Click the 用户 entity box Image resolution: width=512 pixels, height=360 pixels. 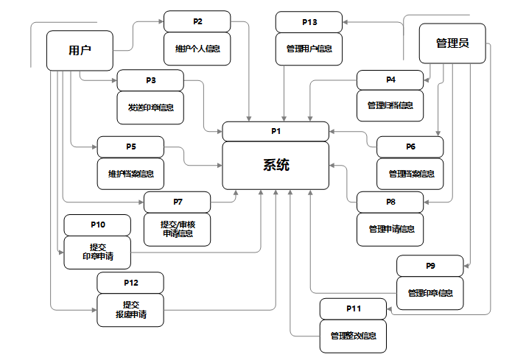[x=80, y=51]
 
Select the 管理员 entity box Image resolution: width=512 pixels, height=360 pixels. [x=452, y=43]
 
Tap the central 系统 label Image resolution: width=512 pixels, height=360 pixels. [x=276, y=165]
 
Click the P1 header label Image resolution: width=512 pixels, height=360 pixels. [x=276, y=131]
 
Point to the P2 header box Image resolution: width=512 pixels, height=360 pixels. [x=197, y=21]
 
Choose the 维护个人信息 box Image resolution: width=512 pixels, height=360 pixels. [x=197, y=49]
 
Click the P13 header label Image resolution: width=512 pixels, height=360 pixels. [x=309, y=22]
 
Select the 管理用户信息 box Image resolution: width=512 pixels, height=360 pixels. [x=309, y=49]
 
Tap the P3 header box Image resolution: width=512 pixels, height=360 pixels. [x=150, y=80]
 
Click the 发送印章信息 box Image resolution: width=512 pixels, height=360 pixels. [x=150, y=107]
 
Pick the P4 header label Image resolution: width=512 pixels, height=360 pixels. [x=390, y=80]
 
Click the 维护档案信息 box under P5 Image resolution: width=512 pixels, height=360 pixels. [x=131, y=174]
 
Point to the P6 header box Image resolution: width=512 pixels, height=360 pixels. [x=410, y=147]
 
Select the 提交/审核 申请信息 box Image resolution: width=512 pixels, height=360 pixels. [x=178, y=229]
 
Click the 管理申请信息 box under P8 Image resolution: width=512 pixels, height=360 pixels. [x=390, y=229]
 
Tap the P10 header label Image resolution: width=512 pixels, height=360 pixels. [x=98, y=225]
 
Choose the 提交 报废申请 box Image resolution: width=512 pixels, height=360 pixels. [x=130, y=310]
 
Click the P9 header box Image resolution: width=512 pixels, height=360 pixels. [x=430, y=265]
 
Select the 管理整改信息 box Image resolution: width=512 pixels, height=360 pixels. [x=353, y=336]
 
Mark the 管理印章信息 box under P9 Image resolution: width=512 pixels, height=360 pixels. [x=430, y=293]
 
